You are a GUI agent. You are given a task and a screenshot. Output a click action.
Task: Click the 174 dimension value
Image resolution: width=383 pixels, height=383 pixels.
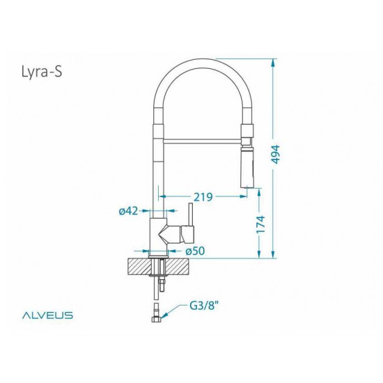(260, 224)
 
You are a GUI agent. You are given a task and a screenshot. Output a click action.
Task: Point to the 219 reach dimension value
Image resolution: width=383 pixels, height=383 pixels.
(203, 196)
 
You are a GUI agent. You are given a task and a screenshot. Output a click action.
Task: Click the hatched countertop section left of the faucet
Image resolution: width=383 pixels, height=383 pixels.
(140, 265)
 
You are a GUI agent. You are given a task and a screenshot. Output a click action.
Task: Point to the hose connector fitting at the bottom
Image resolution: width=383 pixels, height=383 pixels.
(157, 314)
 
